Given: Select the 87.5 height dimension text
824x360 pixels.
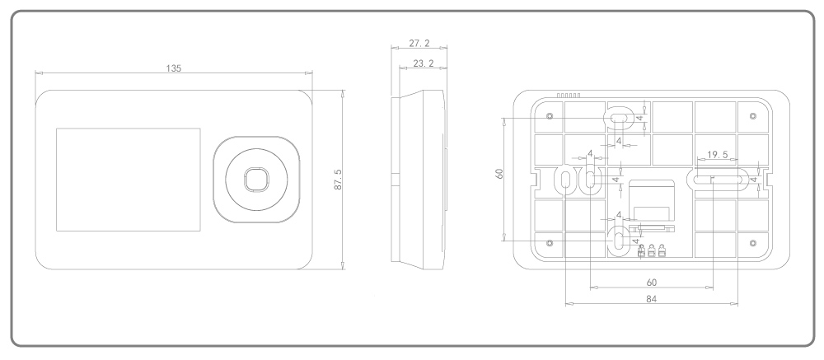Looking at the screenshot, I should [x=338, y=180].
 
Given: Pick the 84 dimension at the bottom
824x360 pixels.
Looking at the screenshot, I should [x=651, y=298].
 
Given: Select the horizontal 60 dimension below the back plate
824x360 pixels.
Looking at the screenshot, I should [x=651, y=282].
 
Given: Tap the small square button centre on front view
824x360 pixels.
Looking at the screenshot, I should [x=255, y=180].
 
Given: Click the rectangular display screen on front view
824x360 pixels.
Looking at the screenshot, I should [x=128, y=179].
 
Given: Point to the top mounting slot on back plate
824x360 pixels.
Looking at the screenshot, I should [x=618, y=119].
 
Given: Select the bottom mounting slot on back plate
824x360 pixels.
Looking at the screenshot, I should [x=618, y=240].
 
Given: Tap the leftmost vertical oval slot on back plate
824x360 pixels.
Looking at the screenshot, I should [x=566, y=180].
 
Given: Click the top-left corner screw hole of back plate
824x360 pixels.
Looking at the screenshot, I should [x=550, y=115].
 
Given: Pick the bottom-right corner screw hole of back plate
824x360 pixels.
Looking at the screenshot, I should [x=752, y=242].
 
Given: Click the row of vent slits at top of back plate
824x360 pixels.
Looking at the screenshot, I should [x=569, y=96].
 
